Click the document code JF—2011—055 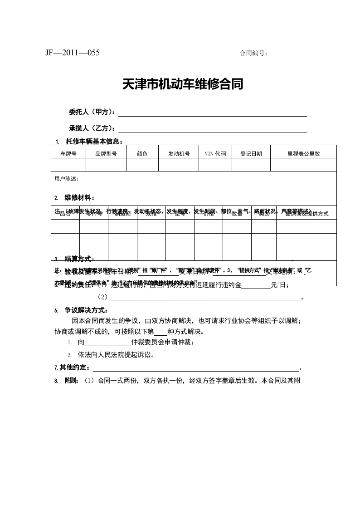73,53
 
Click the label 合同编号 253,54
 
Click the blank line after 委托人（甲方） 212,113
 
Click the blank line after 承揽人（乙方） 212,129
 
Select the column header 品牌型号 106,154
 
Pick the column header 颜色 142,154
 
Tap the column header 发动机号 179,154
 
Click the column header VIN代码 215,154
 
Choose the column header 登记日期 251,154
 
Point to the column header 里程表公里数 304,154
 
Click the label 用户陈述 67,179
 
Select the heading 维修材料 80,198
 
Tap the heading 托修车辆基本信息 94,141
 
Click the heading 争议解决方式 86,311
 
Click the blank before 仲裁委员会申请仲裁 107,343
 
